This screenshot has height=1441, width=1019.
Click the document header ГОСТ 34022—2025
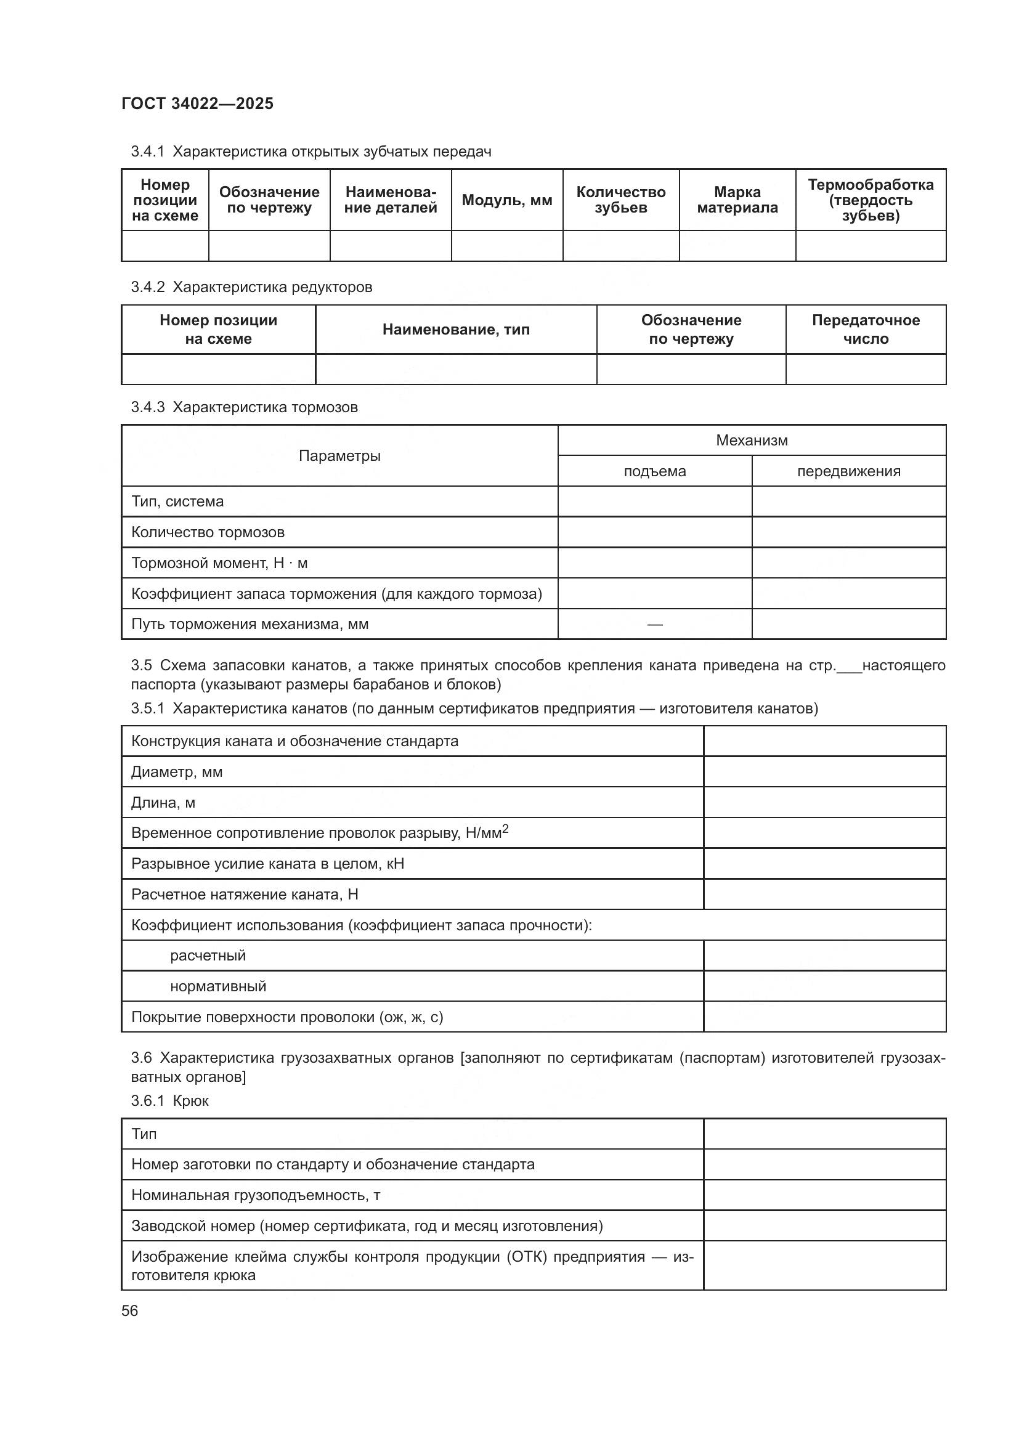[x=197, y=104]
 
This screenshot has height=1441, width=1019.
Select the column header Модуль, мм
[x=506, y=200]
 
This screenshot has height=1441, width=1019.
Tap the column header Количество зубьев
[x=620, y=200]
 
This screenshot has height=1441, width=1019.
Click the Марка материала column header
[x=737, y=200]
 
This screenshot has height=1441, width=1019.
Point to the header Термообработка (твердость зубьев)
[x=871, y=200]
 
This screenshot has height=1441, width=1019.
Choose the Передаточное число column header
[x=865, y=330]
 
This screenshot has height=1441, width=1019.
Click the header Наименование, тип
[x=455, y=330]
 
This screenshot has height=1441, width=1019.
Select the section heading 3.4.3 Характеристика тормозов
[x=244, y=407]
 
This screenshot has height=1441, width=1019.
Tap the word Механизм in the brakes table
[x=751, y=440]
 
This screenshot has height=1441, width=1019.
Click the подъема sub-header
[x=654, y=471]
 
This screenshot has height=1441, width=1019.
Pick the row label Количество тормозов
[x=208, y=532]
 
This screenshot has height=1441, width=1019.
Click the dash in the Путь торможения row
[x=654, y=625]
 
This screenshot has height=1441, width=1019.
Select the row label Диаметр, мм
[x=176, y=772]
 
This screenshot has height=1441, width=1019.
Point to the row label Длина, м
[x=163, y=803]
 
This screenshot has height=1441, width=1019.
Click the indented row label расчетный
[x=208, y=956]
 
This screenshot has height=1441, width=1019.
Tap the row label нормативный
[x=217, y=986]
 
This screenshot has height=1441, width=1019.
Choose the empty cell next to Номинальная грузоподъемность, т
[x=824, y=1195]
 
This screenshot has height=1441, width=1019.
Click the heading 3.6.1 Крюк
[x=169, y=1101]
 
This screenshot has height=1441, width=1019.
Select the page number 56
[x=130, y=1311]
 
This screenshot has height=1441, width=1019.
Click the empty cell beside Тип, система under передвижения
[x=848, y=501]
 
